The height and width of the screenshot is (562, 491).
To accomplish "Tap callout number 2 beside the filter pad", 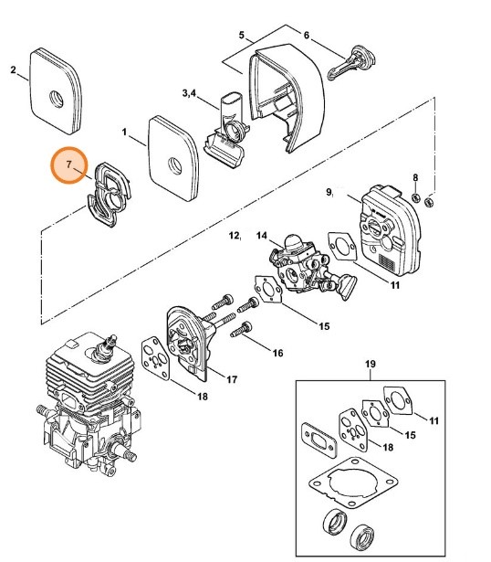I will [13, 69].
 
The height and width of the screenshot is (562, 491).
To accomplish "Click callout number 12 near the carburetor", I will [235, 237].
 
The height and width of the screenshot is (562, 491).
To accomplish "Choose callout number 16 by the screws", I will [277, 352].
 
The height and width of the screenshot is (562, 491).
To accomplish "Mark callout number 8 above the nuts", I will [415, 177].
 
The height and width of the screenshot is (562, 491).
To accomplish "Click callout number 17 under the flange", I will [232, 379].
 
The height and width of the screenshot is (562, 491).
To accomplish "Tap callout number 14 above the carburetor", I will [262, 235].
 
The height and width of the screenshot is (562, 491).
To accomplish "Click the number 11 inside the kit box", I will [434, 420].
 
